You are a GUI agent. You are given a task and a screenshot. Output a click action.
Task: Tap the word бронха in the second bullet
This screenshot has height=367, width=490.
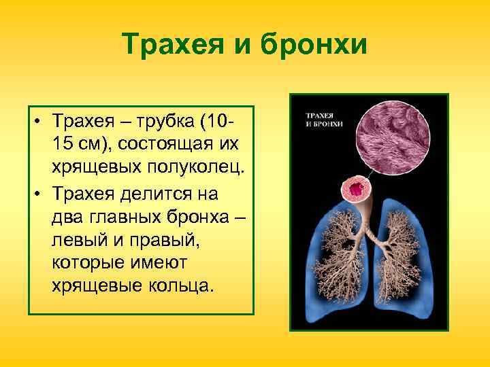(200, 214)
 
